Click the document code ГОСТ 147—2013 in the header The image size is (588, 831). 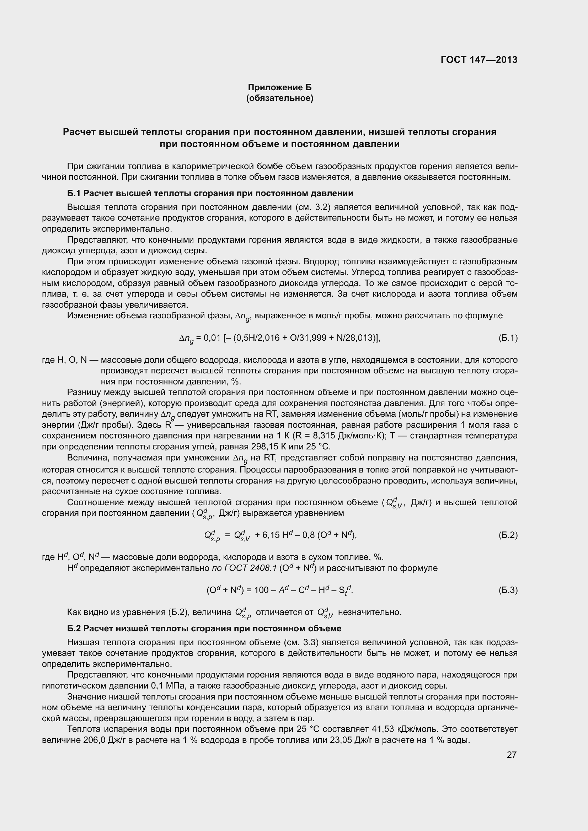[x=479, y=60]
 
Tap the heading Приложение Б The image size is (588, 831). [x=279, y=87]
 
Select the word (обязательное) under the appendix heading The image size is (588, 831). [x=279, y=98]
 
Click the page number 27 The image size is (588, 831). [x=511, y=755]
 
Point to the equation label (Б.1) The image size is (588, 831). [x=508, y=338]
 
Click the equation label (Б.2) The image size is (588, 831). [x=508, y=535]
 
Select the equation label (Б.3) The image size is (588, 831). [x=508, y=590]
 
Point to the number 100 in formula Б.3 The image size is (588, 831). [x=261, y=590]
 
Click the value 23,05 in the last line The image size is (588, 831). [x=341, y=740]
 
